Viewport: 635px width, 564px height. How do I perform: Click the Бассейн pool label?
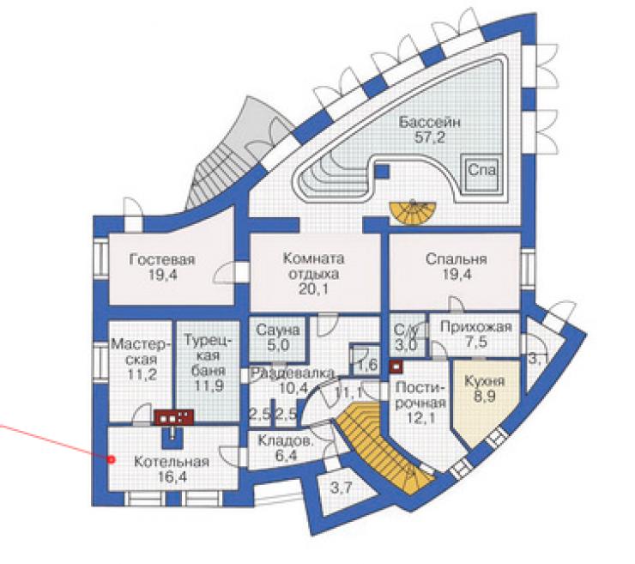430,122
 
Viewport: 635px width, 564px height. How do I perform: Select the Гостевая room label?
162,259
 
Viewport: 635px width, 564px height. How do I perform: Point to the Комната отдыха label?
313,266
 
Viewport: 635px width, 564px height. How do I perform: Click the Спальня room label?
456,259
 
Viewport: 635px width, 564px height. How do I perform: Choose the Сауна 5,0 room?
278,337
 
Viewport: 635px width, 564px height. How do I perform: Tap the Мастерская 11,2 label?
141,360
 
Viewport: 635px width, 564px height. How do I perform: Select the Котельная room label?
172,462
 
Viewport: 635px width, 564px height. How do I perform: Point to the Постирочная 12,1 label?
420,403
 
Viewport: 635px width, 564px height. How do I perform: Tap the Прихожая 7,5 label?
476,334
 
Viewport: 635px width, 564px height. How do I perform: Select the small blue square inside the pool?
382,172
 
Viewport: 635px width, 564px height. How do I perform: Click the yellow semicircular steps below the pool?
412,211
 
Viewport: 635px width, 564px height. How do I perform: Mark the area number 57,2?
429,137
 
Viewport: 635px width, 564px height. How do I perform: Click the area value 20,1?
313,289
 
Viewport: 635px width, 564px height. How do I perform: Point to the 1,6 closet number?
368,365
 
